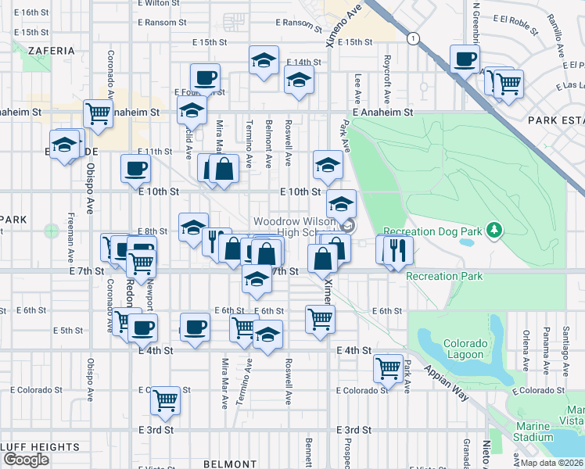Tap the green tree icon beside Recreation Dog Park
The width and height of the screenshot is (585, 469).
493,230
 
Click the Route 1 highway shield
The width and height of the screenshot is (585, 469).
411,38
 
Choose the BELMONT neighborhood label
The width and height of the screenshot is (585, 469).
225,464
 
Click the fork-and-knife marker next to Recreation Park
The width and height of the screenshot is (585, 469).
399,250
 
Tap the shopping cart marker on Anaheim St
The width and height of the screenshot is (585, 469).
99,113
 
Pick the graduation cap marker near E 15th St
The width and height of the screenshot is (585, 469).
264,59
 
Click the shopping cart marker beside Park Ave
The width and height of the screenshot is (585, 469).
388,367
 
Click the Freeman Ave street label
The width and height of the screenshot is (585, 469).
70,239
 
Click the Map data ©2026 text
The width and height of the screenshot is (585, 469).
551,463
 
